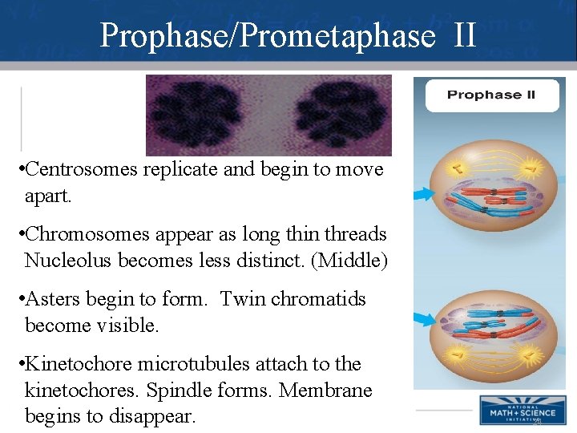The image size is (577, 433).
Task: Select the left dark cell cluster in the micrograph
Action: click(196, 114)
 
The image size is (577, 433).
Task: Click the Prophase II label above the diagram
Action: click(490, 95)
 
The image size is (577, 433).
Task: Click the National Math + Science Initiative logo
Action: click(517, 410)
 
